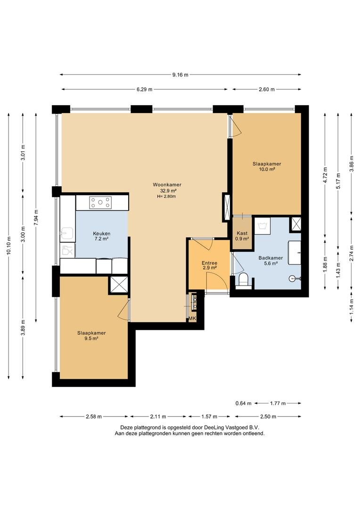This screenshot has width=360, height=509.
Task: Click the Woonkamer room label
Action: [x=167, y=185]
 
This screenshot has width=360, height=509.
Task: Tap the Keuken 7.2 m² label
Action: [x=102, y=236]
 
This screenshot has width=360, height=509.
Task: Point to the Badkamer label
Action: [x=270, y=258]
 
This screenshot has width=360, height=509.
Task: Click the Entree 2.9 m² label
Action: [x=209, y=265]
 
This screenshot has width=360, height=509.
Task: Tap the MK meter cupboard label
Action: [x=192, y=319]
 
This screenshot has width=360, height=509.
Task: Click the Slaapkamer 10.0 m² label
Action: [x=267, y=166]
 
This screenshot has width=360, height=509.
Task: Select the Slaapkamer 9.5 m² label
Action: [x=91, y=336]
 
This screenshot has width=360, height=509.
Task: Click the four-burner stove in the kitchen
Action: [x=100, y=203]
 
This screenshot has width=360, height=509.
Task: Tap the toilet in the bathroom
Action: [x=243, y=280]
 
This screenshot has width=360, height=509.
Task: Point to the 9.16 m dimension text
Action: [x=180, y=74]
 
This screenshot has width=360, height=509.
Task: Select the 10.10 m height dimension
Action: [x=9, y=246]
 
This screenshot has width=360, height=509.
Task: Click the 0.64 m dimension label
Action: [x=244, y=403]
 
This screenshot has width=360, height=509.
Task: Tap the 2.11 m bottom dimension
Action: [x=158, y=417]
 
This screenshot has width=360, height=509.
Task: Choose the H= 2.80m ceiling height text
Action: [x=166, y=197]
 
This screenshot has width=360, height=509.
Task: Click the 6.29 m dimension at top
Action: [x=145, y=89]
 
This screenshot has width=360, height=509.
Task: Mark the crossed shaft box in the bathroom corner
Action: [x=296, y=224]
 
